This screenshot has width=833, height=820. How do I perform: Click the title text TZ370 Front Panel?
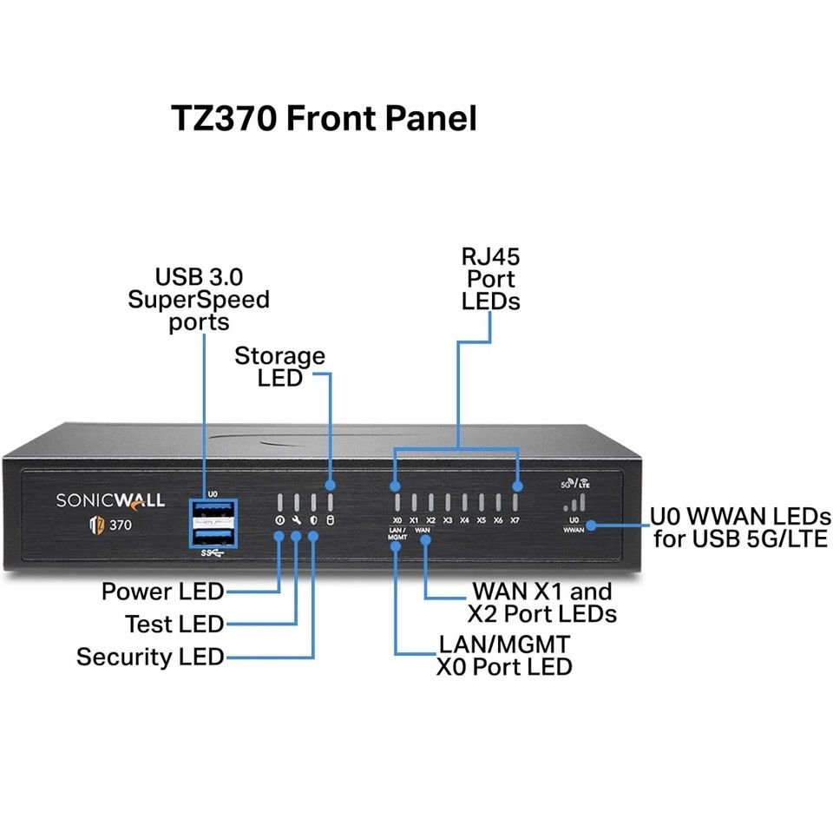click(324, 118)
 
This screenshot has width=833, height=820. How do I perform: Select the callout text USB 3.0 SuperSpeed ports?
click(199, 300)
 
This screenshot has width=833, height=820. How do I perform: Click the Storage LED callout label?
click(279, 367)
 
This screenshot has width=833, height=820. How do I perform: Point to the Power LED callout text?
click(162, 592)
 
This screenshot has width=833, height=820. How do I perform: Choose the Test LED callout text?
click(174, 625)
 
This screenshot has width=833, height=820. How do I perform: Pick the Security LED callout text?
click(149, 657)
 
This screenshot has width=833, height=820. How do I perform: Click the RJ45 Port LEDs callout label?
click(490, 279)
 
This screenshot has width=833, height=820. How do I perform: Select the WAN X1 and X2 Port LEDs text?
click(541, 603)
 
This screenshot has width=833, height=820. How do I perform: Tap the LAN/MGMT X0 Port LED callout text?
click(504, 656)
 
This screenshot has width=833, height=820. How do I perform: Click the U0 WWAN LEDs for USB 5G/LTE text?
click(740, 528)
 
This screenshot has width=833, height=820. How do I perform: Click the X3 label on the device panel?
click(447, 520)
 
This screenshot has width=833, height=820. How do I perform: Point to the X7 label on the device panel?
click(515, 520)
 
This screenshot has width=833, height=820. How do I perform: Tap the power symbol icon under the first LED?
click(279, 521)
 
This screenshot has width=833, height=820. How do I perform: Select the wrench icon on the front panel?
click(297, 521)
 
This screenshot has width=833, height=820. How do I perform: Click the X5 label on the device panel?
click(481, 520)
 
